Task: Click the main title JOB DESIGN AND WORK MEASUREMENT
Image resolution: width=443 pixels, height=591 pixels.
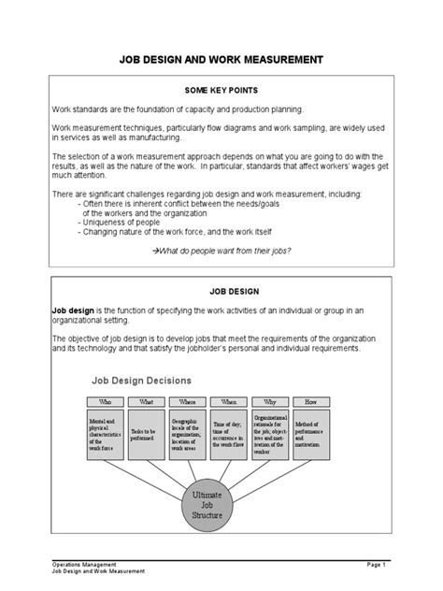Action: click(221, 59)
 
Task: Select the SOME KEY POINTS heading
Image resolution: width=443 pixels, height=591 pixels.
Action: click(221, 92)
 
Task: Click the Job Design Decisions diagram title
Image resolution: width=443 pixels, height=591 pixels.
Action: click(141, 381)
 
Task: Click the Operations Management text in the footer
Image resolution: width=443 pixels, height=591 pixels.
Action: click(85, 565)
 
